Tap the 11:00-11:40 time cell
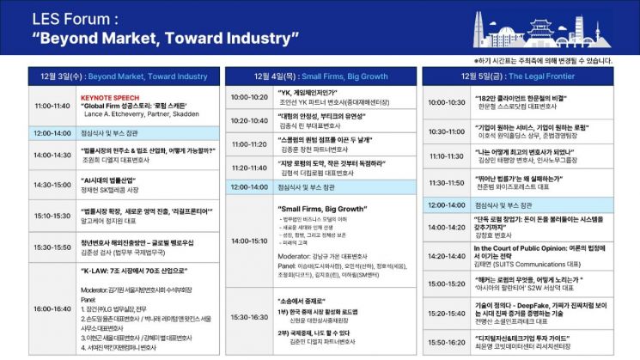[52, 107]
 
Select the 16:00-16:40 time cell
[52, 307]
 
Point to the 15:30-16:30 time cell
[250, 317]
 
